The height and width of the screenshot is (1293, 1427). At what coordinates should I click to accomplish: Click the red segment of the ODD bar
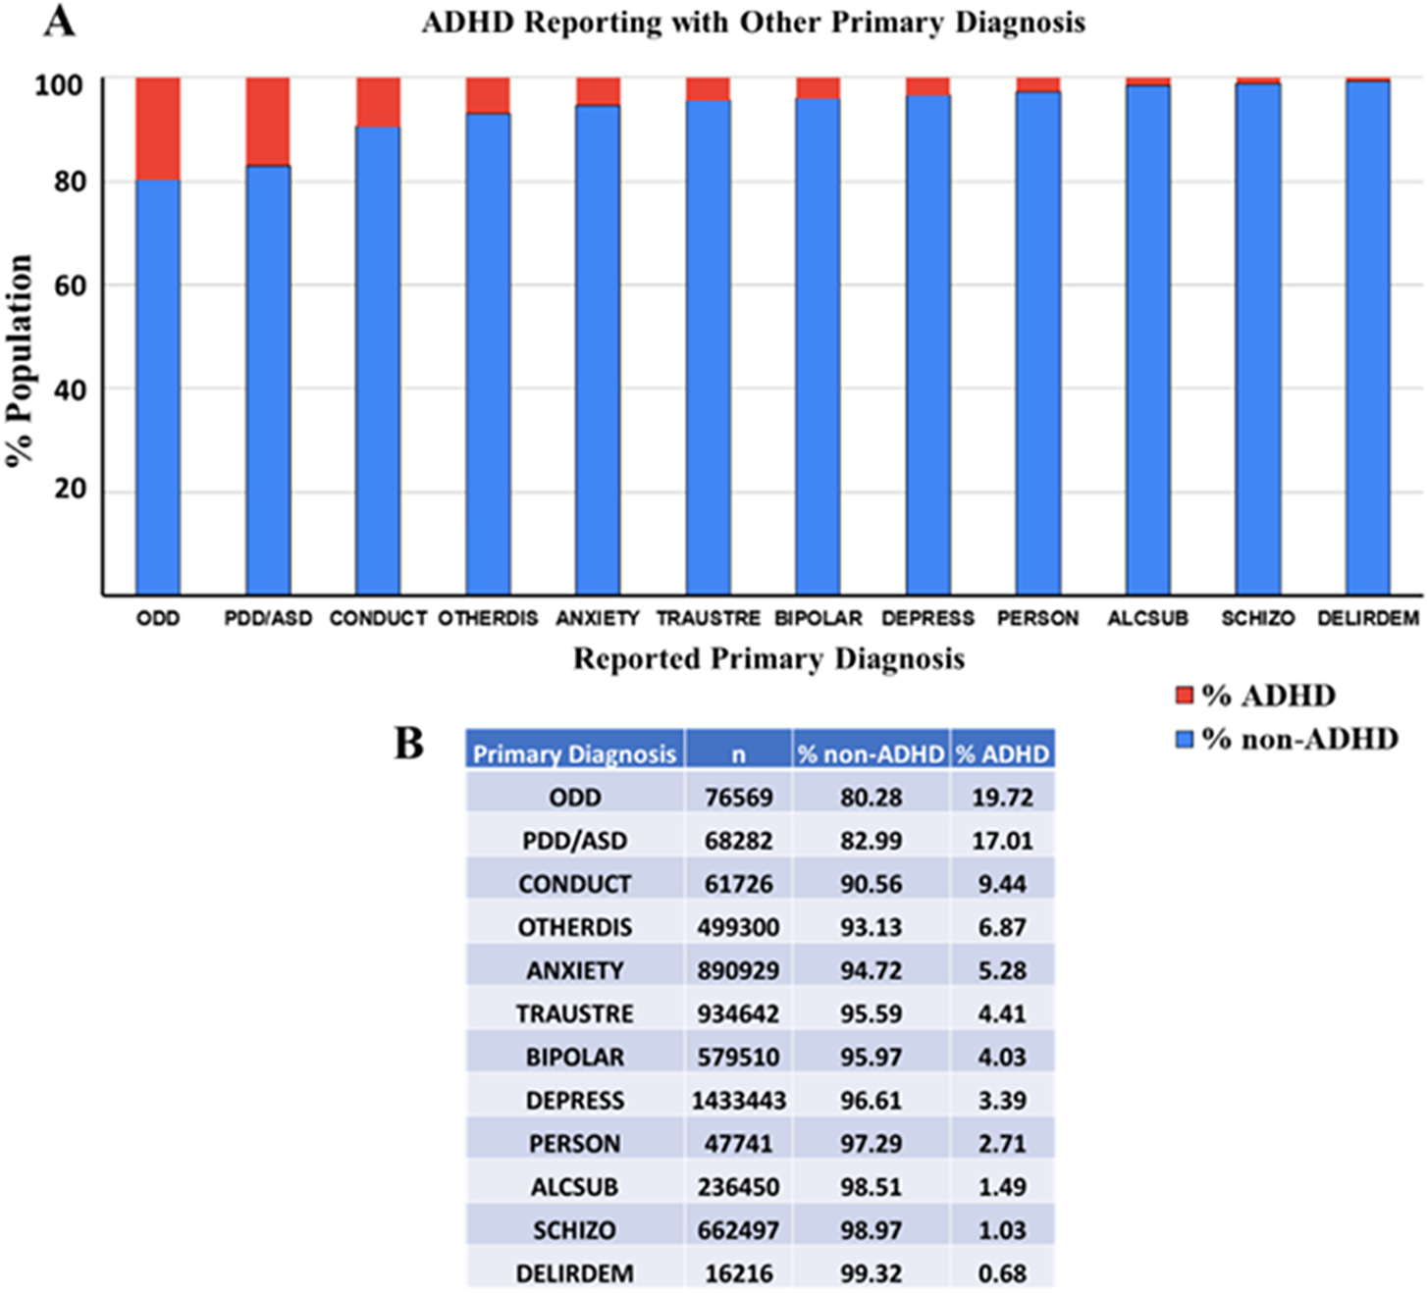[158, 128]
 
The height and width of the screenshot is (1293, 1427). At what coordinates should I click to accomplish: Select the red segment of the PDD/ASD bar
[268, 121]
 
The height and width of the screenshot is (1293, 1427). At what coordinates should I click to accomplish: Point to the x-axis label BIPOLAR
[819, 619]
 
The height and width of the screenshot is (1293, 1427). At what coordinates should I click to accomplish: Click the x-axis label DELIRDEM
[1368, 619]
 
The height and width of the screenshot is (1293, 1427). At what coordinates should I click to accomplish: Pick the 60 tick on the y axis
[71, 285]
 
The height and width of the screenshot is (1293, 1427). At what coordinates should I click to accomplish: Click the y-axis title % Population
[21, 361]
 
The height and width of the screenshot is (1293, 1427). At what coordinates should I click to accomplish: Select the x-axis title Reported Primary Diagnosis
[768, 658]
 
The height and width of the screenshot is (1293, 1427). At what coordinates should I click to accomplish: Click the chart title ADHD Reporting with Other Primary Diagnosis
[754, 23]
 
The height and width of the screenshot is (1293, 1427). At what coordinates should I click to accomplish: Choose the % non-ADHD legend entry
[1287, 739]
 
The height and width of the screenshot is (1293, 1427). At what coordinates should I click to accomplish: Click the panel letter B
[409, 744]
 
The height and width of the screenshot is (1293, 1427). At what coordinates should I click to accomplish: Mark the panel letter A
[59, 21]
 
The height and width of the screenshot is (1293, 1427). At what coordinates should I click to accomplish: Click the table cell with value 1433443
[738, 1101]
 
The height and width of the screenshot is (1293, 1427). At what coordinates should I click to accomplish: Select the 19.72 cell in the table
[1002, 798]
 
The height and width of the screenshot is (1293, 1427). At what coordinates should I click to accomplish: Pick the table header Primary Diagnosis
[574, 753]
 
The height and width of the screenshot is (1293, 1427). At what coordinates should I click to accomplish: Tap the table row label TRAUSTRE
[574, 1013]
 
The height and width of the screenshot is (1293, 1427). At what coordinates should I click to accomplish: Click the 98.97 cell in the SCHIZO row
[871, 1230]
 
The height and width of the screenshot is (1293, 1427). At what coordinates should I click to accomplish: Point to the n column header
[738, 753]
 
